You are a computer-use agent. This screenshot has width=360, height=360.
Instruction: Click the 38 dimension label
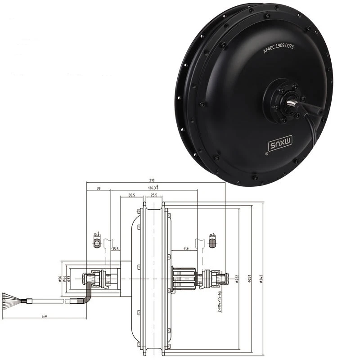(98, 189)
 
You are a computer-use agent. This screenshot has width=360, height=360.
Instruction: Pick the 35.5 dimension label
(131, 196)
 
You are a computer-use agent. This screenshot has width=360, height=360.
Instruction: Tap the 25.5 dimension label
(154, 196)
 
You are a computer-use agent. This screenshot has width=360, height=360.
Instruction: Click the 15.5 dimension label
(116, 249)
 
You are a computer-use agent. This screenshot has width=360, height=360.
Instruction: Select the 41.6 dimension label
(186, 249)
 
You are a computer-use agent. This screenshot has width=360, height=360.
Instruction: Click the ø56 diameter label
(60, 279)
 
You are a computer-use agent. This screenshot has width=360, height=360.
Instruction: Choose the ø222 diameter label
(237, 279)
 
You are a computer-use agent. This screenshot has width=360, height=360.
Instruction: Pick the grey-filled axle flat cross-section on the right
(212, 244)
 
